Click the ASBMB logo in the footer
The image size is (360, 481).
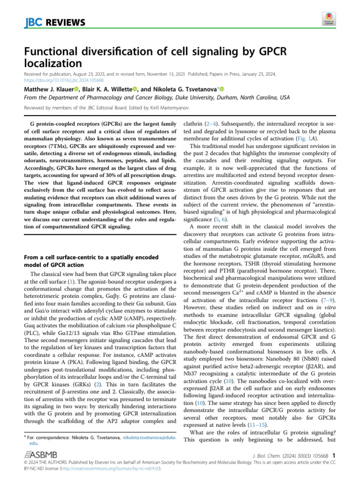click(x=42, y=455)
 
